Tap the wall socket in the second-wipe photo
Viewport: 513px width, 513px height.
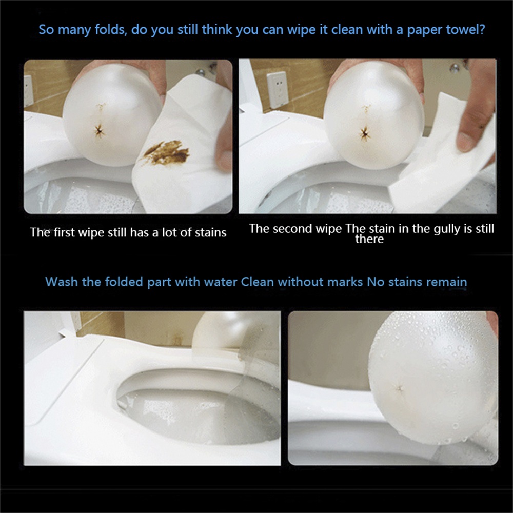coord(277,90)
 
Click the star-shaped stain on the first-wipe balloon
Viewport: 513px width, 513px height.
coord(99,131)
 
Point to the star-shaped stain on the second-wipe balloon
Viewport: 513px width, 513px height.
coord(365,134)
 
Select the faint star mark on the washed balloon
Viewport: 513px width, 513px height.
coord(400,388)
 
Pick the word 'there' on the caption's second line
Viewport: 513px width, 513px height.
coord(369,239)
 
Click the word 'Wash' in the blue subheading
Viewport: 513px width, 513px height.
coord(62,282)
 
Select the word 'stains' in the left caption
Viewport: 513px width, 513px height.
coord(211,232)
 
